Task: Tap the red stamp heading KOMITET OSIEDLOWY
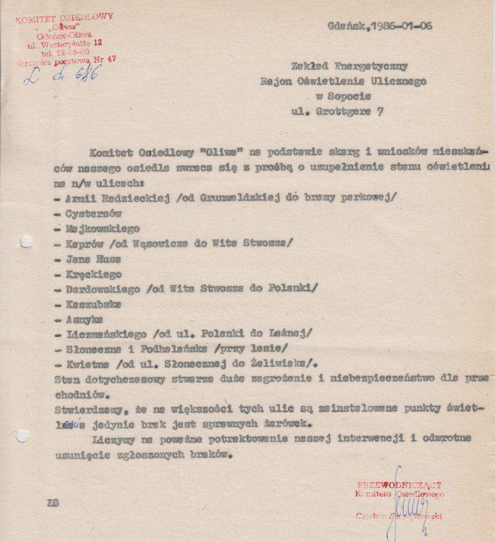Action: tap(64, 19)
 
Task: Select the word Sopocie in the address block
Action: tap(350, 97)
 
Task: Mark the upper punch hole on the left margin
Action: tap(25, 241)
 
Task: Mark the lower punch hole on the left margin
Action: tap(22, 436)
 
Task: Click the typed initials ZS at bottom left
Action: tap(53, 502)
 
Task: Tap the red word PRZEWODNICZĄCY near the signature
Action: tap(400, 485)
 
